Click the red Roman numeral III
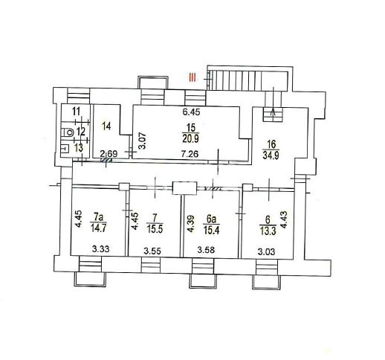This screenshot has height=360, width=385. point(192,77)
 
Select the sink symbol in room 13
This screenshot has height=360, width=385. point(65,149)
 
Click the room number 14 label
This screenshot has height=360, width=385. point(106,126)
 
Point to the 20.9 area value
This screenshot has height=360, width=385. point(190,138)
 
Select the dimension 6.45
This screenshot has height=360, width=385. point(191,112)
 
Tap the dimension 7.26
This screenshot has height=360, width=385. point(190,154)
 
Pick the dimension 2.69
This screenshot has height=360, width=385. point(109,154)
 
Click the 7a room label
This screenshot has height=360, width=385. point(98,217)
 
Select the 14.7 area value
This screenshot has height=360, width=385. point(98,228)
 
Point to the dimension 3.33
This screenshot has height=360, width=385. point(100,248)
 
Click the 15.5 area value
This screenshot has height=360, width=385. point(155,229)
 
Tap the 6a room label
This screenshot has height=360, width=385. point(211,219)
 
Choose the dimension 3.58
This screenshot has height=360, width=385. point(206,250)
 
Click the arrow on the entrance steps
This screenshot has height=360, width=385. point(274,101)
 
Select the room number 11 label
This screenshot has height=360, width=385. point(77,112)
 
